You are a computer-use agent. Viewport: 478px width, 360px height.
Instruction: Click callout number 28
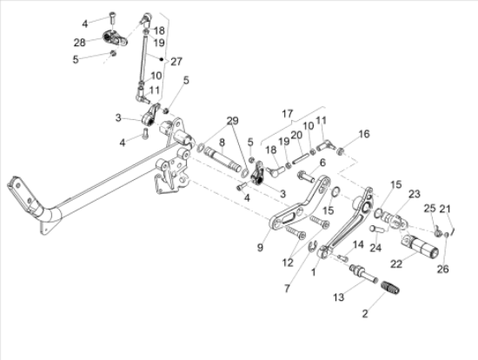click(79, 42)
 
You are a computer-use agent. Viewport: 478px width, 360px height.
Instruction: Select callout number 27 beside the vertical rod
click(177, 61)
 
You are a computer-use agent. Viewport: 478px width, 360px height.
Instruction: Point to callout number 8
click(222, 141)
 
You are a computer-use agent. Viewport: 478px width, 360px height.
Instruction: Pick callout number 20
click(295, 135)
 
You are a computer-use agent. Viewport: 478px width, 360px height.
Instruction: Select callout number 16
click(364, 134)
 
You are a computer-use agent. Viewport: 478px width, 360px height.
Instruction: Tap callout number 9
click(259, 248)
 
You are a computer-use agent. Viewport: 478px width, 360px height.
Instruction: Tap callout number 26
click(444, 269)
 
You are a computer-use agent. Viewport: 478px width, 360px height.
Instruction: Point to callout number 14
click(358, 244)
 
